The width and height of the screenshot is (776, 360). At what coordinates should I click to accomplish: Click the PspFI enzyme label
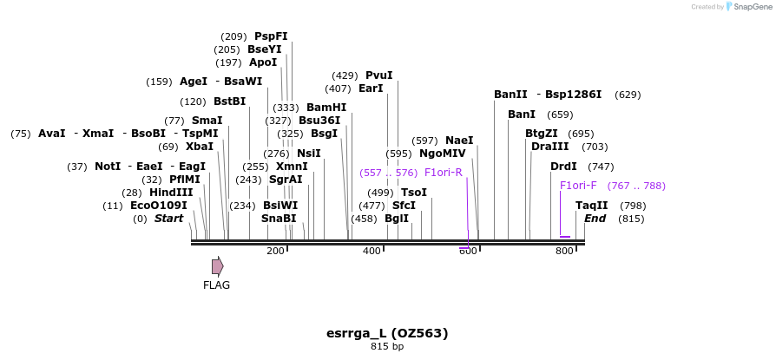(x=271, y=36)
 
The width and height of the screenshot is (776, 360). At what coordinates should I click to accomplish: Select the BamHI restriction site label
(x=326, y=108)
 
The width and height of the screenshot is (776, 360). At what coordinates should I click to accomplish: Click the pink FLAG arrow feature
(x=217, y=266)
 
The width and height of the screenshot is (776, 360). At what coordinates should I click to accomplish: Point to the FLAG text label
(x=217, y=285)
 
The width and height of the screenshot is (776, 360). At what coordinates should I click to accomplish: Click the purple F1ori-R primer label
(x=444, y=173)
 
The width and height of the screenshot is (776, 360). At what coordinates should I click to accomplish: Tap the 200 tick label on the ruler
(x=276, y=252)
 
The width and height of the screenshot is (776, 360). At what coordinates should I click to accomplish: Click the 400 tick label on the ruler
(x=372, y=252)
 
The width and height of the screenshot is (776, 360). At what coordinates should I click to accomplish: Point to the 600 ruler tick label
(x=468, y=252)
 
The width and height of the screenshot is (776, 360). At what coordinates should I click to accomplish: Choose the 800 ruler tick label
(x=564, y=252)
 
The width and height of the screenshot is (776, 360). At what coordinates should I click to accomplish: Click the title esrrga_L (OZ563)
(x=387, y=333)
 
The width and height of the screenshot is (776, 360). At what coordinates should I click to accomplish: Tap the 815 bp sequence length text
(x=387, y=347)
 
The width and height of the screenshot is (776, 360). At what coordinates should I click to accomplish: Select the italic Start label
(x=168, y=219)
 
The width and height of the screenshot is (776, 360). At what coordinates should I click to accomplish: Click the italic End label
(x=595, y=219)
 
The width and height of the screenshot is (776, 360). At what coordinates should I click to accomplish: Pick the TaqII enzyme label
(x=592, y=206)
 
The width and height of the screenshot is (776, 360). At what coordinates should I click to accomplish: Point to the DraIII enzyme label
(x=550, y=147)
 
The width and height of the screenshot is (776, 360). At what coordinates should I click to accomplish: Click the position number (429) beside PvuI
(x=345, y=75)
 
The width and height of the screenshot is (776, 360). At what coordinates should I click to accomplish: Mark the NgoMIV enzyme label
(x=443, y=154)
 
